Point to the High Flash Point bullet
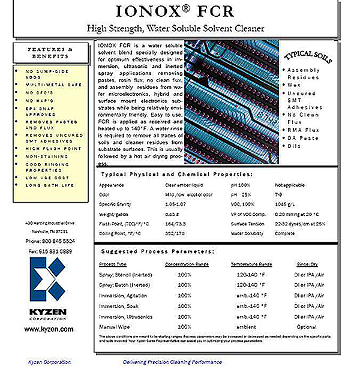click(x=53, y=147)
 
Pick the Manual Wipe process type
click(x=114, y=327)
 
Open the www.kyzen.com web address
click(x=50, y=329)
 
